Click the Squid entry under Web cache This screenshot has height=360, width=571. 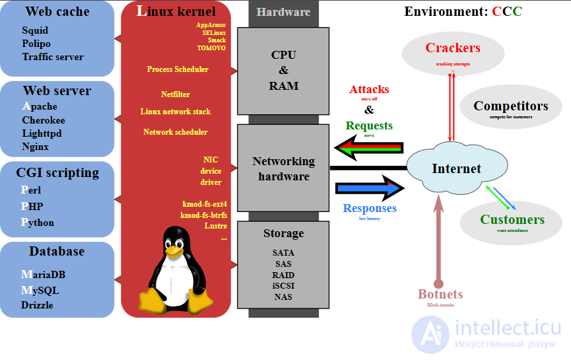pos(35,30)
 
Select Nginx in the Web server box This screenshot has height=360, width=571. pos(36,147)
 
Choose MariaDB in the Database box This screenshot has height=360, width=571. pos(43,274)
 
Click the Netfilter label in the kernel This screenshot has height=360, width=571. pos(175,94)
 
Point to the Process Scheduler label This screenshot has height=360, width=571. pos(178,69)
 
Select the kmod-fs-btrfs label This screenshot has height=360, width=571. pos(203,215)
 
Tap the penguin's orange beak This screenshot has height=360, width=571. pos(174,250)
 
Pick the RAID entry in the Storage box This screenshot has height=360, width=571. pos(283,275)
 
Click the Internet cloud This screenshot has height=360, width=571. pos(455,169)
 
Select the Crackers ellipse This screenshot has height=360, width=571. pos(453,53)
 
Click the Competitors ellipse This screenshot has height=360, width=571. pos(510,108)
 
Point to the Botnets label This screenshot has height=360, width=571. pos(440,294)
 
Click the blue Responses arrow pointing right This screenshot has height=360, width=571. pos(370,189)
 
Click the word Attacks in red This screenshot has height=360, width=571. pos(369,89)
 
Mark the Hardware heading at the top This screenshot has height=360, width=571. pos(283,12)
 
